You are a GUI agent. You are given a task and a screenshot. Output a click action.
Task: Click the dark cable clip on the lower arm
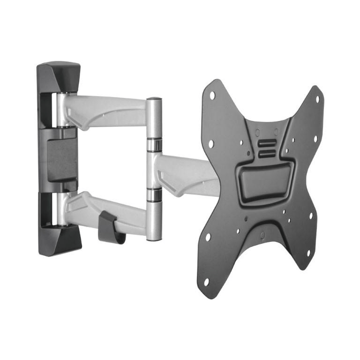point(111,228)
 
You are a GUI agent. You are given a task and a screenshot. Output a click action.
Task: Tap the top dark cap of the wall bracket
point(58,75)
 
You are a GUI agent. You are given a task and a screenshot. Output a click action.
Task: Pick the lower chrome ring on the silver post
point(154,195)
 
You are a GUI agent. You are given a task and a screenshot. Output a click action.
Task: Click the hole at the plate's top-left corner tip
point(212,95)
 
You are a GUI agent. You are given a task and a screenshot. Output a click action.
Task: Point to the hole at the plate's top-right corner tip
point(317,98)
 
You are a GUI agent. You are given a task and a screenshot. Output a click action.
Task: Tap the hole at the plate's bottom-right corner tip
point(308,253)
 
